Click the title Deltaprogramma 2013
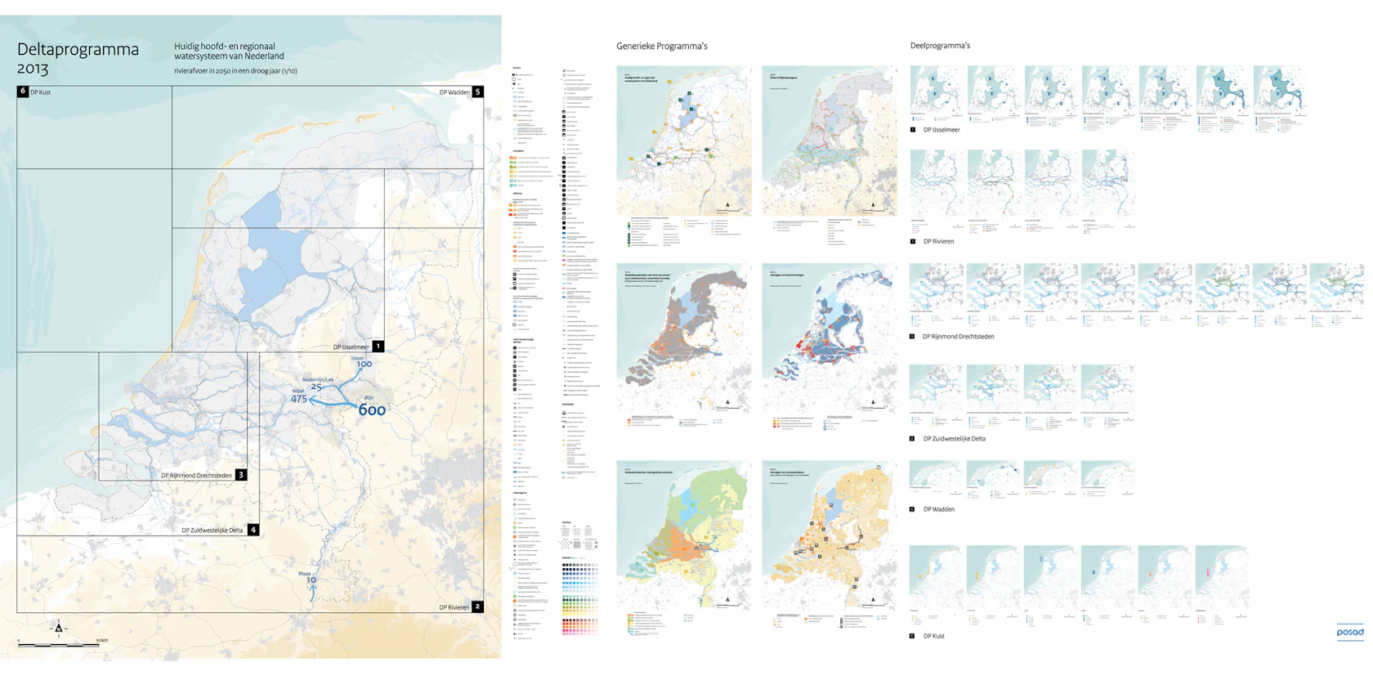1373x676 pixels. coord(77,57)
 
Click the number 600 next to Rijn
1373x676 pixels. coord(372,410)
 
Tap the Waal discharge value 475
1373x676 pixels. coord(299,399)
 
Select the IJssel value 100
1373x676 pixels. coord(364,365)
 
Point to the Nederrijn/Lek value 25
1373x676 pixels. coord(316,387)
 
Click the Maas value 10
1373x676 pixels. coord(311,580)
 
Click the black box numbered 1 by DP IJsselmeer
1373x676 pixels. coord(378,347)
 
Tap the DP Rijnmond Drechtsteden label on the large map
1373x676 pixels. coord(196,475)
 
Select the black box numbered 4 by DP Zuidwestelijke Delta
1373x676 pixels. coord(253,530)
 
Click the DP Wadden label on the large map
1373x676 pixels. coord(454,92)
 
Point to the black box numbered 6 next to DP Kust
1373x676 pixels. coord(23,92)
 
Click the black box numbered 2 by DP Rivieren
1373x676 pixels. coord(478,607)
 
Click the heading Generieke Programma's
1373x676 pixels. coord(662,47)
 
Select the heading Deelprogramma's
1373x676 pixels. coord(940,46)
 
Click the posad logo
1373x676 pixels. coord(1349,632)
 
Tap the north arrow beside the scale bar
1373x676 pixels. coord(59,628)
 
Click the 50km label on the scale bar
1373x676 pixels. coord(101,640)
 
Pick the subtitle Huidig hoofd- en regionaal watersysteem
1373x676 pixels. coord(228,51)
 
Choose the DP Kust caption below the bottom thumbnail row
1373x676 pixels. coord(933,636)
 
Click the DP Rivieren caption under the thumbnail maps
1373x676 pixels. coord(938,242)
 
